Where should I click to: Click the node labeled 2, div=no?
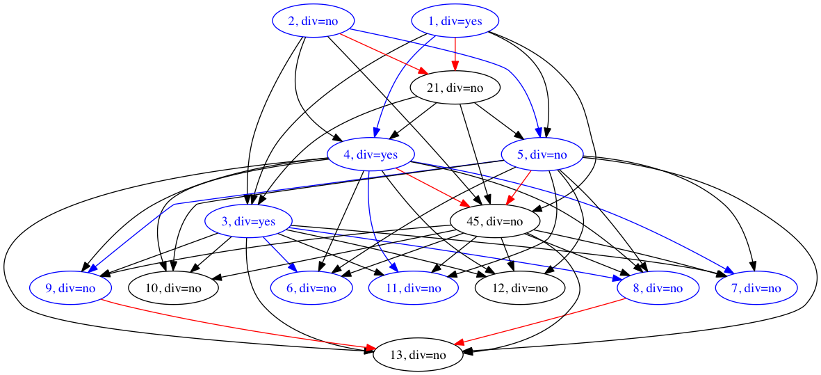(313, 21)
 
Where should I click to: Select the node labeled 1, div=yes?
(455, 21)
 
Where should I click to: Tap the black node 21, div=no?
(455, 88)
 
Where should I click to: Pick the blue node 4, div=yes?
(371, 155)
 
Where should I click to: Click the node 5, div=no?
(542, 155)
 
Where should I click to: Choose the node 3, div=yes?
(248, 222)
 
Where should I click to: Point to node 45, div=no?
(495, 222)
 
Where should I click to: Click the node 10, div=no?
(174, 288)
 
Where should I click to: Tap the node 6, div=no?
(311, 288)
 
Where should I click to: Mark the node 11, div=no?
(413, 288)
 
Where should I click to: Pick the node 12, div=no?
(519, 288)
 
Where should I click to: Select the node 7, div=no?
(756, 288)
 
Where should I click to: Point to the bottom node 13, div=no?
(418, 355)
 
